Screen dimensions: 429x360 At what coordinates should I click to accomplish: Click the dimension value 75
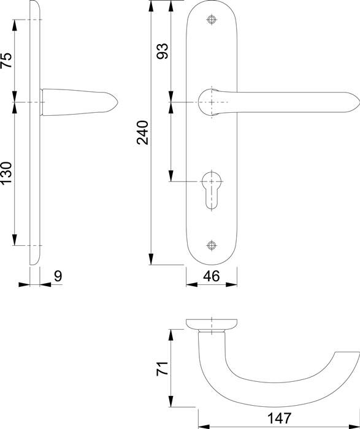tap(7, 60)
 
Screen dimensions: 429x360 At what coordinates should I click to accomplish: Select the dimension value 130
tap(7, 173)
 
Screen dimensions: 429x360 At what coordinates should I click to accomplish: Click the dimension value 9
tap(58, 276)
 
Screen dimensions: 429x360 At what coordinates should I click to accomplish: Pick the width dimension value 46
tap(212, 276)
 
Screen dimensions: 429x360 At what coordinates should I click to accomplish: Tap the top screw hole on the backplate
tap(212, 20)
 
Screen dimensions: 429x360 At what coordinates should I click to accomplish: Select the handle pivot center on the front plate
tap(212, 102)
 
